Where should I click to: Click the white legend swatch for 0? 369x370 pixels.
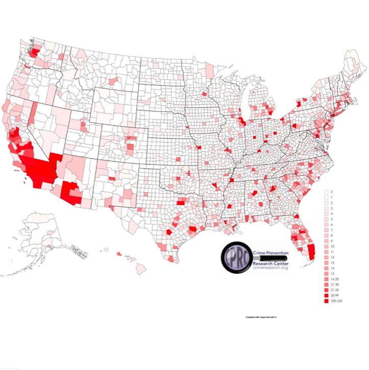click(x=326, y=192)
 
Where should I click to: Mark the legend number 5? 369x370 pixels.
click(x=331, y=219)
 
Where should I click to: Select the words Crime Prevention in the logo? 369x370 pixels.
click(x=270, y=252)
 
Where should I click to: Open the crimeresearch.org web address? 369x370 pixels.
click(x=270, y=268)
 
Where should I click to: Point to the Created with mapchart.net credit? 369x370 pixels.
click(x=264, y=317)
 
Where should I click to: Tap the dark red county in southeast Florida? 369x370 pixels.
click(x=312, y=250)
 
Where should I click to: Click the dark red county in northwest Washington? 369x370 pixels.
click(x=35, y=53)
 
